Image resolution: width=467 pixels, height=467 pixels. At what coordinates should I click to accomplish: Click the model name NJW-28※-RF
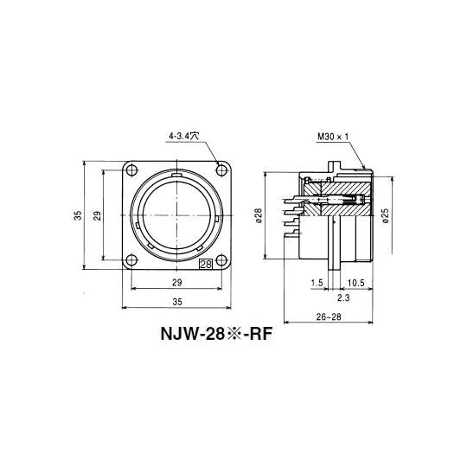(x=216, y=334)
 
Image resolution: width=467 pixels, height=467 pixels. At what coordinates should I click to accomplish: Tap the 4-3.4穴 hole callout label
(x=183, y=136)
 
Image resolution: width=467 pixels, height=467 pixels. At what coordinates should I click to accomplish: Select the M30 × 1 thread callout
(x=333, y=137)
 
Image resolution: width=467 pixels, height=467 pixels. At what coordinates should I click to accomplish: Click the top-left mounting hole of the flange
(x=131, y=170)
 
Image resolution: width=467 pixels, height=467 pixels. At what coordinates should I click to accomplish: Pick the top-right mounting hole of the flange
(x=221, y=170)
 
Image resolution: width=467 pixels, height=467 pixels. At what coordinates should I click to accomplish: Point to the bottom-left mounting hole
(x=131, y=260)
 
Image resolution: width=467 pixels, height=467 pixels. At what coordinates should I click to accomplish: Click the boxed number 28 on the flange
(x=206, y=264)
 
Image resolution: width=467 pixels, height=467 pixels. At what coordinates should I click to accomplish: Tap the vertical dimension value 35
(x=78, y=215)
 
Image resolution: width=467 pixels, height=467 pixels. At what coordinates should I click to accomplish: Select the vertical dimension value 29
(x=98, y=215)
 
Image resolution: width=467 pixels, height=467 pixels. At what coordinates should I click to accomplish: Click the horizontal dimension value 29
(x=177, y=282)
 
